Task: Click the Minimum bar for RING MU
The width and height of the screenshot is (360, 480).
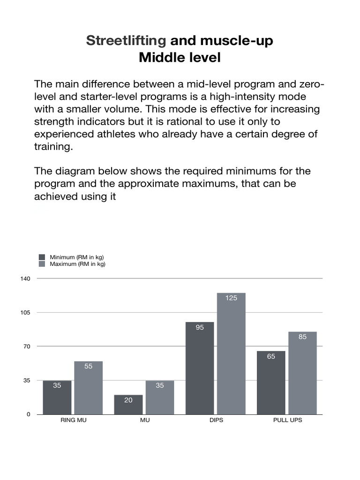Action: click(57, 397)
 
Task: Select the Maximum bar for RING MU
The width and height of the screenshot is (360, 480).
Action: click(88, 388)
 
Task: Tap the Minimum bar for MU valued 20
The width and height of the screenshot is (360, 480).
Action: click(128, 405)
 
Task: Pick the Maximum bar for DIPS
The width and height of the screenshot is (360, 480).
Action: click(231, 353)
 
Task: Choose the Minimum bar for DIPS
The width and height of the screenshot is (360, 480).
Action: click(200, 368)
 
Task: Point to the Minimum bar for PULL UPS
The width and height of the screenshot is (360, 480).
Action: click(271, 382)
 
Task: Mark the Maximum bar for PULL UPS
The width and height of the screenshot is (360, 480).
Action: click(302, 373)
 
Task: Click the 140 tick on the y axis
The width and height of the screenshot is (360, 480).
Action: click(25, 279)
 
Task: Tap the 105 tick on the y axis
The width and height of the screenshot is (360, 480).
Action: click(25, 313)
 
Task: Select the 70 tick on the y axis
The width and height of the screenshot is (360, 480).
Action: click(27, 347)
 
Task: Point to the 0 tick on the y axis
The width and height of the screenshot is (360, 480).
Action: click(28, 414)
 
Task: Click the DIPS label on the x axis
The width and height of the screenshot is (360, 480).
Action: click(216, 420)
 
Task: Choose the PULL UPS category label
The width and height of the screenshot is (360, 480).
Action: click(287, 420)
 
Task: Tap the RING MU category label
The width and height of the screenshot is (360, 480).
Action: click(74, 420)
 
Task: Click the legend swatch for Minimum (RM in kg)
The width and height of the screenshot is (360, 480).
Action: click(42, 257)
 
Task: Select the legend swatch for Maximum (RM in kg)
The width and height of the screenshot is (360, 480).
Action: click(42, 264)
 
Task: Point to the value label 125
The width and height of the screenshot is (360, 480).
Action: click(231, 298)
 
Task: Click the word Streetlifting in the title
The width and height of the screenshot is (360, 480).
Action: click(126, 41)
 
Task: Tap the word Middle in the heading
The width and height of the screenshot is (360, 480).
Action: click(159, 59)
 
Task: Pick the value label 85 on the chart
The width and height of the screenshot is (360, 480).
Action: click(302, 337)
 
